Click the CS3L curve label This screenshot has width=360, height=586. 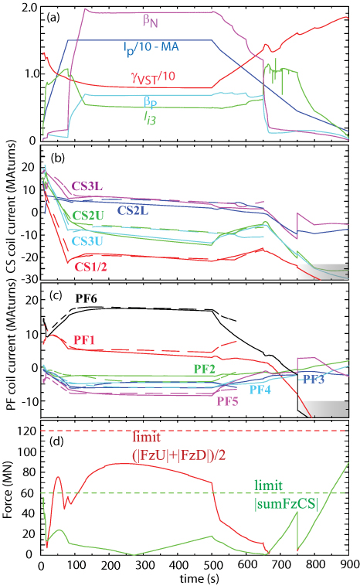[x=90, y=186]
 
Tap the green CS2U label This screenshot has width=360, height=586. [x=89, y=216]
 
